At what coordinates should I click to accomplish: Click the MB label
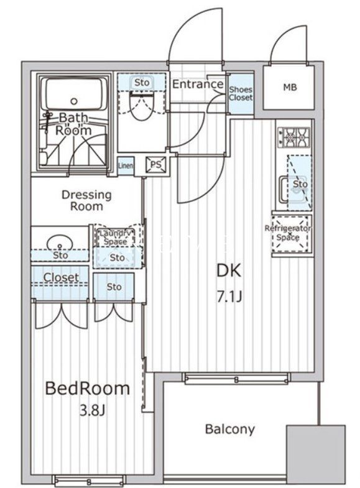tap(290, 88)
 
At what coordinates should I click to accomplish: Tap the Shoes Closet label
tap(241, 94)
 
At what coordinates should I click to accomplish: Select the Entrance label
tap(197, 84)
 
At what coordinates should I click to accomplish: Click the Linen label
tap(126, 165)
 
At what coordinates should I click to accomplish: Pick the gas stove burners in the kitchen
tap(293, 137)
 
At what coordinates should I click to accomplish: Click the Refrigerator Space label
tap(288, 233)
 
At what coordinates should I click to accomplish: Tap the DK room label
tap(228, 271)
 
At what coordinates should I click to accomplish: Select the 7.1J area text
tap(228, 297)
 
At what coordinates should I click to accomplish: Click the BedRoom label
tap(87, 389)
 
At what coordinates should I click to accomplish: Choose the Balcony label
tap(229, 429)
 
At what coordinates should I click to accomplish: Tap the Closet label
tap(61, 277)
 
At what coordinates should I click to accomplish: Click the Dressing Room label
tap(86, 200)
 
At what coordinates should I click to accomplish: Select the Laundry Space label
tap(115, 237)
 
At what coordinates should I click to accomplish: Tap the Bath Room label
tap(74, 124)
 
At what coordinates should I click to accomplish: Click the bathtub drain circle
tap(75, 101)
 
